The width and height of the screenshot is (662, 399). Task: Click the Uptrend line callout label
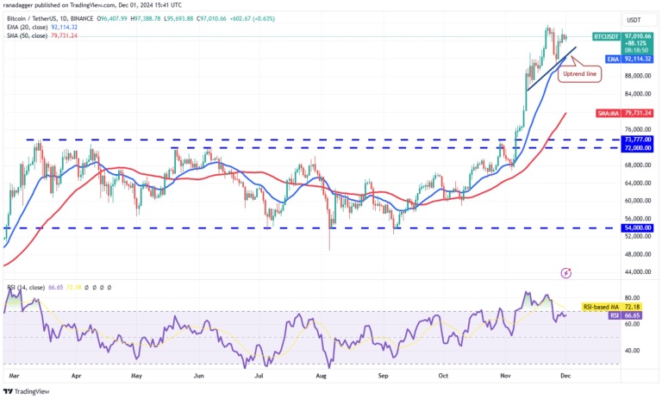click(x=579, y=75)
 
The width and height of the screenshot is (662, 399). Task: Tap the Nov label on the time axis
click(x=507, y=376)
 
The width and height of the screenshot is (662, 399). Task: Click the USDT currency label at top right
click(x=634, y=20)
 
